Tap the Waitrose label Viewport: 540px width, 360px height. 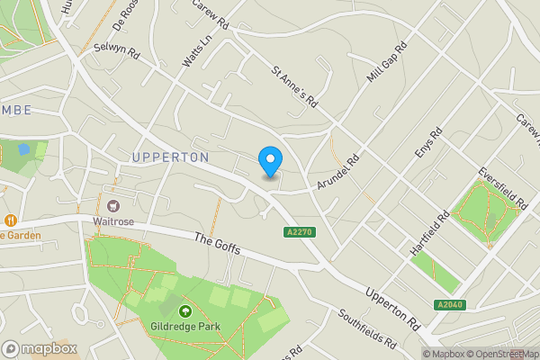click(113, 220)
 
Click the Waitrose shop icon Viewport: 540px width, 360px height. click(113, 206)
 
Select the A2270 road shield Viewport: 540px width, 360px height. click(299, 232)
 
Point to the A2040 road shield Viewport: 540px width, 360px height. click(450, 305)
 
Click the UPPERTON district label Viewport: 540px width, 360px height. click(170, 157)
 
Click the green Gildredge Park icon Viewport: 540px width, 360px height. click(185, 311)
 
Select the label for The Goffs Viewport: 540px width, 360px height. click(218, 243)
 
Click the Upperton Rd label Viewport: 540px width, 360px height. click(392, 307)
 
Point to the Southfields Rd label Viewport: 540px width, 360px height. click(367, 329)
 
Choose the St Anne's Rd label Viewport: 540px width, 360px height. click(295, 86)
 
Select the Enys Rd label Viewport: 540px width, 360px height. click(428, 145)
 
